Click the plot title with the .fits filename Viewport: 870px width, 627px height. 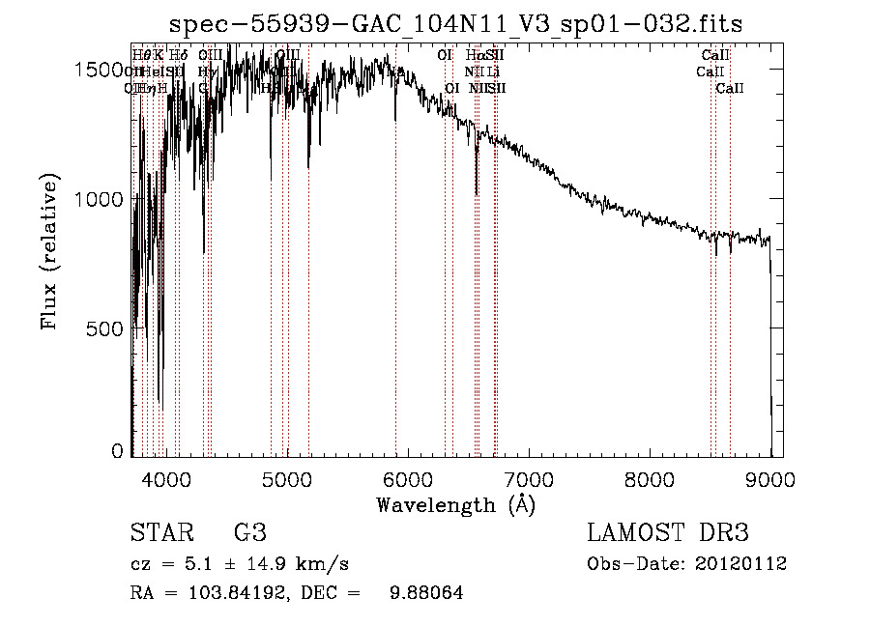[455, 25]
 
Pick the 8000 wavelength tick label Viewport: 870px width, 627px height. [649, 477]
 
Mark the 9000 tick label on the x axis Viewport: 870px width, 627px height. [769, 477]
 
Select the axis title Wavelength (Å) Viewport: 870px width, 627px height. [455, 504]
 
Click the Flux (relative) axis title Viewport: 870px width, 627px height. [51, 251]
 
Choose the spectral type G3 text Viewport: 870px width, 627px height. [249, 533]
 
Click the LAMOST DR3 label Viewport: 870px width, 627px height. [668, 533]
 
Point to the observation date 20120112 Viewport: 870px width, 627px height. [741, 564]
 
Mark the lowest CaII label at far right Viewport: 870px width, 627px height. [730, 89]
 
